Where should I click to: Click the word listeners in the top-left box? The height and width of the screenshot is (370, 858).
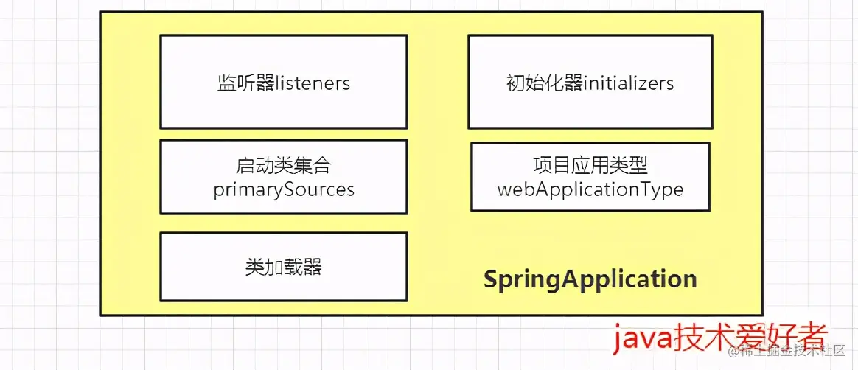(x=313, y=83)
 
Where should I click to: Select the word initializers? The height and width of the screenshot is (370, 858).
(x=629, y=83)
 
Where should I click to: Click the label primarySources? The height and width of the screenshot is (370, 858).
(x=284, y=189)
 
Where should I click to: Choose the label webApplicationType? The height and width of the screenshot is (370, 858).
(x=590, y=189)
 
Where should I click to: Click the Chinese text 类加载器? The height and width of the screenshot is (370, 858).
(x=284, y=267)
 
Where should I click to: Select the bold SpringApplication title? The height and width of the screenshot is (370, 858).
(x=590, y=279)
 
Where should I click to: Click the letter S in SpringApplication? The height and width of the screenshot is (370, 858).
(x=490, y=279)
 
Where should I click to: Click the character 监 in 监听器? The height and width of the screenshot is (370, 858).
(x=226, y=83)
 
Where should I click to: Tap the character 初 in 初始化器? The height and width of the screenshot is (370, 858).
(x=516, y=83)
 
